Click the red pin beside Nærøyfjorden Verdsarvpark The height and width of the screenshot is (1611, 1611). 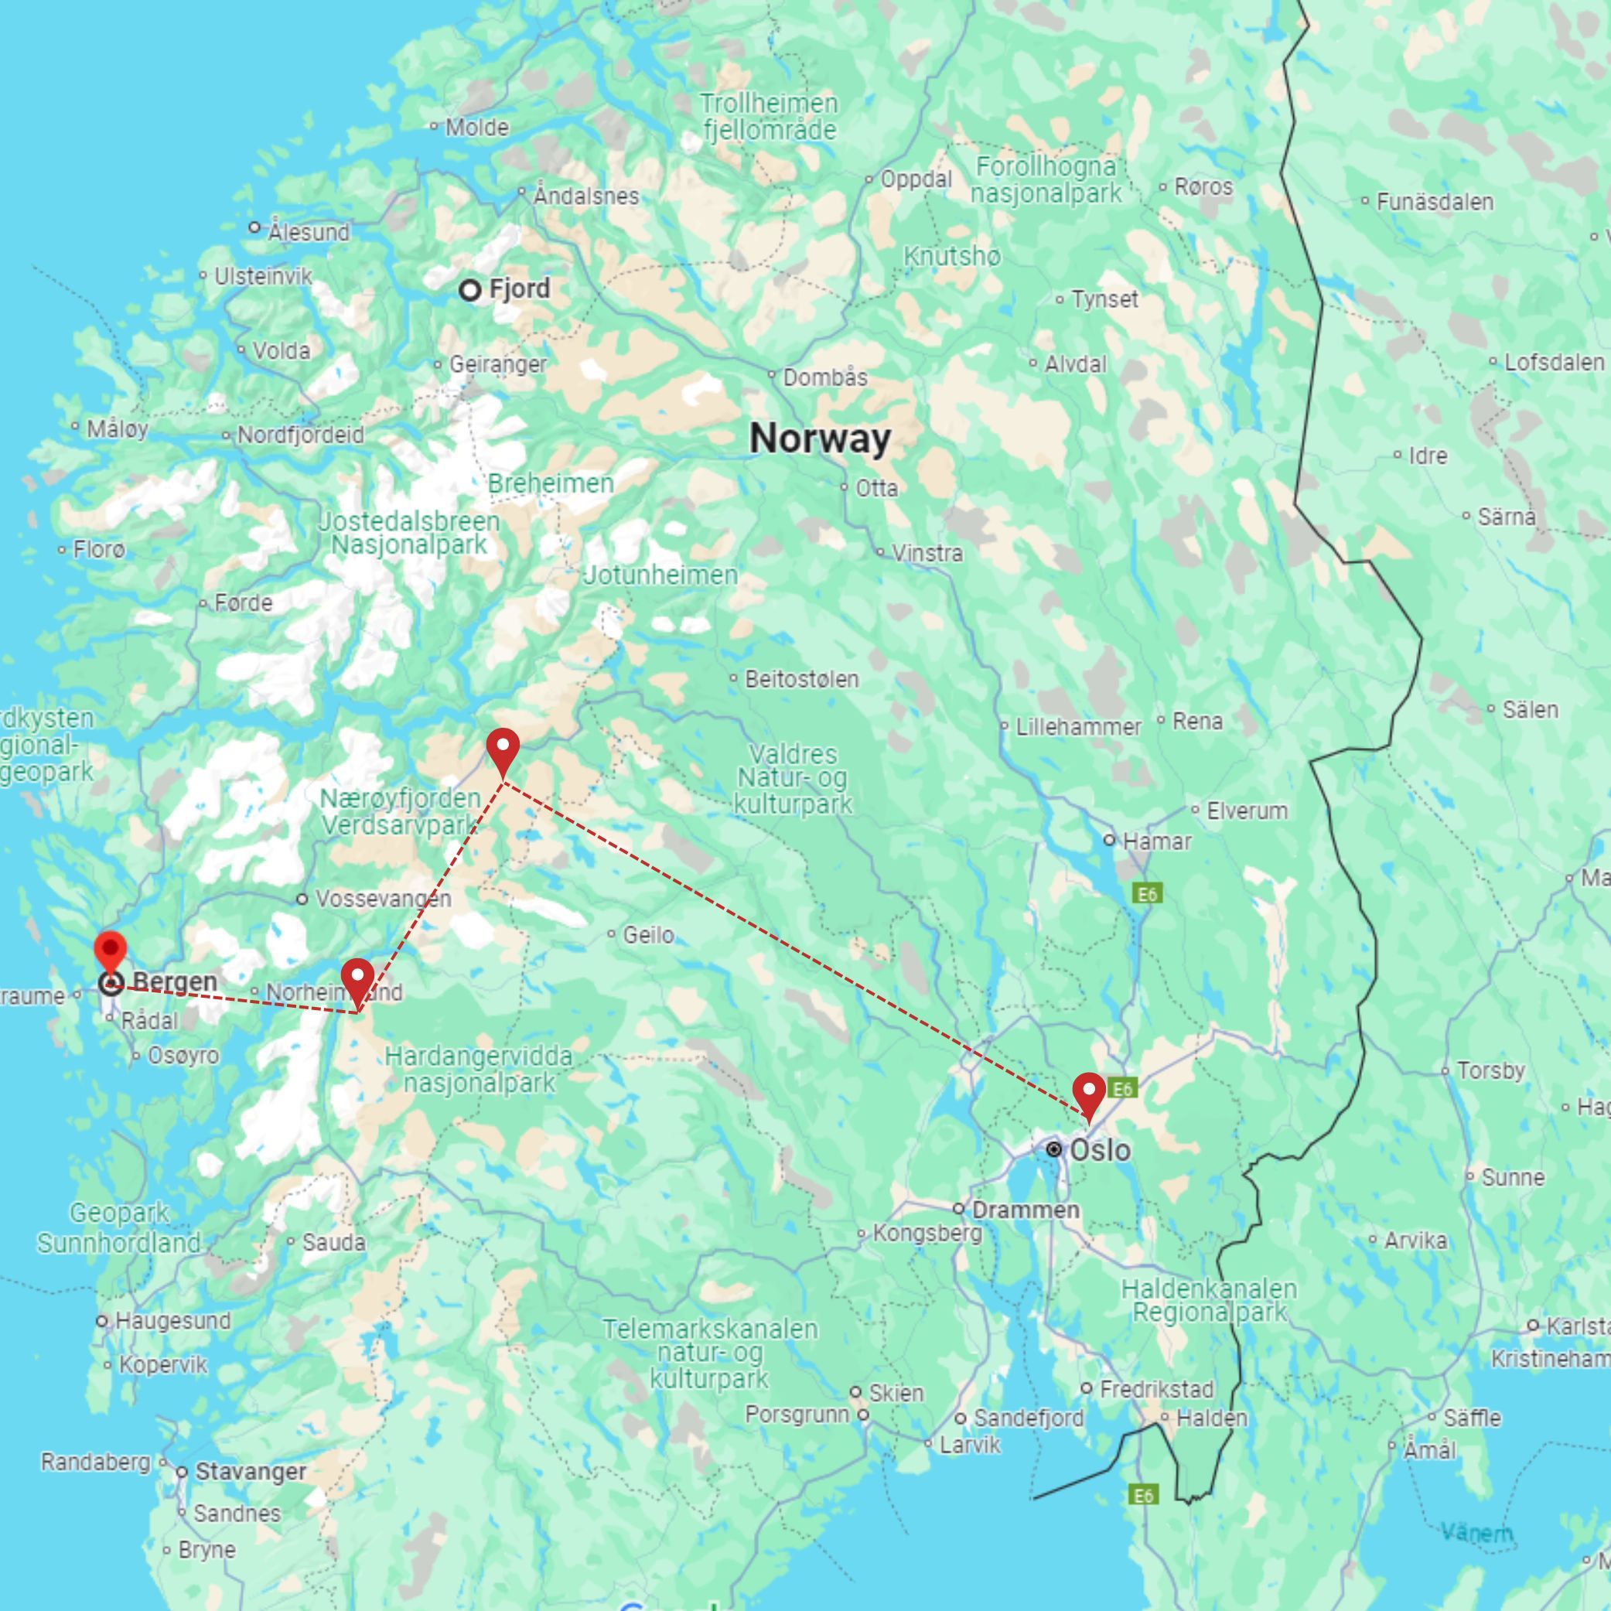(x=503, y=748)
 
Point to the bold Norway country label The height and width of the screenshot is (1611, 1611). (x=820, y=439)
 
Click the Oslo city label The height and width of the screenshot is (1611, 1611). (x=1099, y=1150)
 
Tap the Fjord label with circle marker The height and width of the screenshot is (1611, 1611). (x=519, y=289)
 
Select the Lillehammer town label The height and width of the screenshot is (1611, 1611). (x=1077, y=726)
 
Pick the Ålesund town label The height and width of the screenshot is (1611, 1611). (x=308, y=231)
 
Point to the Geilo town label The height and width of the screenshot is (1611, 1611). (x=648, y=935)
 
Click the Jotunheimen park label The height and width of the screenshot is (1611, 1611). (x=660, y=575)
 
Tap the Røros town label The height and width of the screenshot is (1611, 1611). (x=1203, y=187)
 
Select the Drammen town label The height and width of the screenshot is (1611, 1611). (x=1025, y=1209)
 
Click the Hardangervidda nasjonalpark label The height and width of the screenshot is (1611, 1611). (x=479, y=1069)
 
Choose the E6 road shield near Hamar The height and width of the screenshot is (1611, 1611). (x=1146, y=895)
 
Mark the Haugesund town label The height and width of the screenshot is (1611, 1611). (x=172, y=1321)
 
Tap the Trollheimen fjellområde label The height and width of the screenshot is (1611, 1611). (x=768, y=117)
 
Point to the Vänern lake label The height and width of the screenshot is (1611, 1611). (x=1476, y=1533)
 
